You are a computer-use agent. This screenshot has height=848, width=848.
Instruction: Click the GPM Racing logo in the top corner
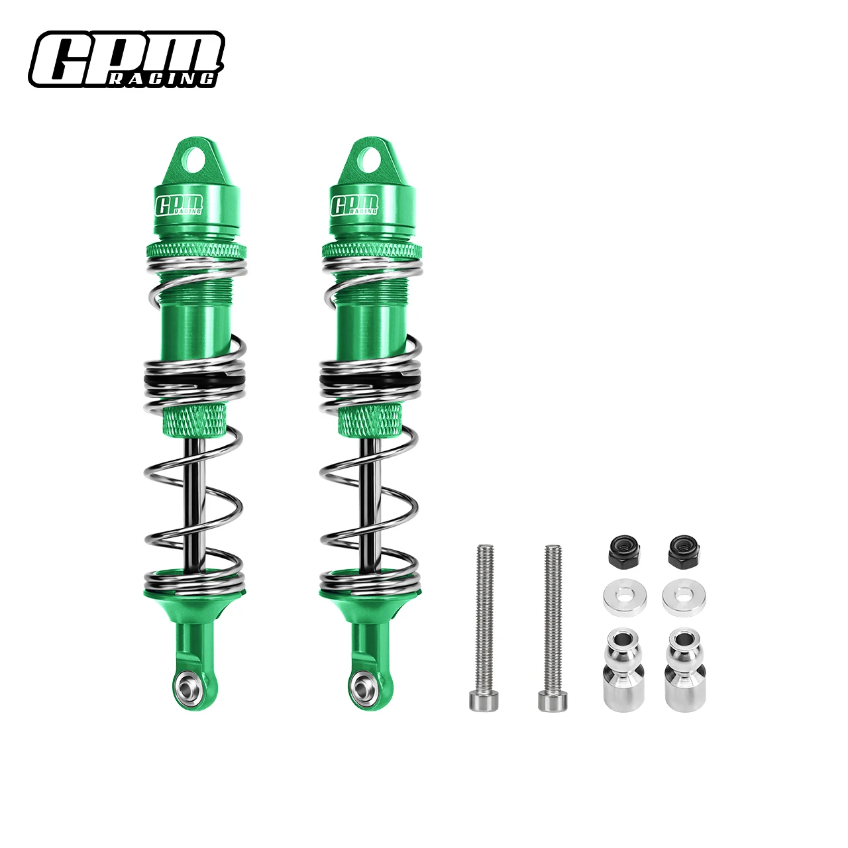coord(127,59)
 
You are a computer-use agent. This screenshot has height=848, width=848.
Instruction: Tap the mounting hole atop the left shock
coord(196,159)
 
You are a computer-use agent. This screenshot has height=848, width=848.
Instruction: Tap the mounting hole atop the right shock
coord(371,159)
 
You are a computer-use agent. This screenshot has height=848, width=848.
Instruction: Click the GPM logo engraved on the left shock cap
coord(179,205)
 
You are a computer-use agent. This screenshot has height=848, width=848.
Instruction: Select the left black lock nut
coord(625,551)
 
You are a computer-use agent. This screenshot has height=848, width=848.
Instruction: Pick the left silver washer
coord(624,597)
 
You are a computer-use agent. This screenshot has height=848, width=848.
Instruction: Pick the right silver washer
coord(684,597)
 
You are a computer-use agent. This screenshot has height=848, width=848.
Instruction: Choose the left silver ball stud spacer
coord(624,670)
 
